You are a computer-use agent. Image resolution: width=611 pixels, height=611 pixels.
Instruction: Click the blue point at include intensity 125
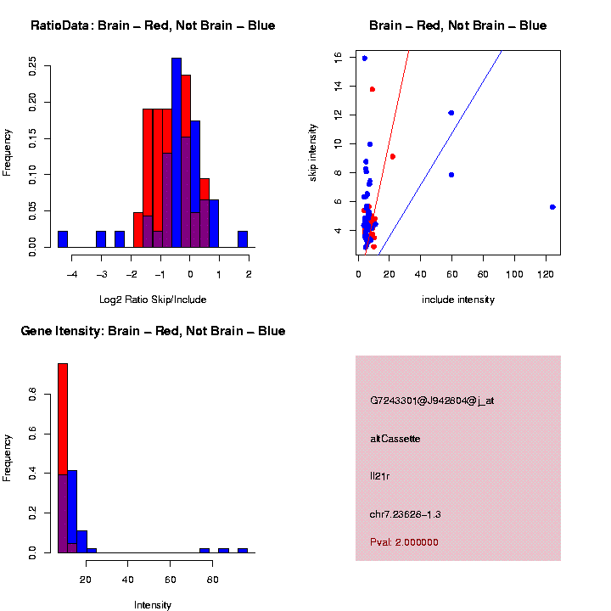552,207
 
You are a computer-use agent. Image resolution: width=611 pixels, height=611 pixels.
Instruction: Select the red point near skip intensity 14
372,89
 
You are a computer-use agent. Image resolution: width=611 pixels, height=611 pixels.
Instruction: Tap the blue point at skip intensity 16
364,59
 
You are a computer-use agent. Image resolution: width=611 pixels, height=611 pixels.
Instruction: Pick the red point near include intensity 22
392,156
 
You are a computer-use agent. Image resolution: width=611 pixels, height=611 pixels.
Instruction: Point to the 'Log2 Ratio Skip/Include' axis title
153,300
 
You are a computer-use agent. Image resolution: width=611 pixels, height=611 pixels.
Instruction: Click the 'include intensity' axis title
458,300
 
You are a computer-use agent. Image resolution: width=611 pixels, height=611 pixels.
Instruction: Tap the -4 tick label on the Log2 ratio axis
71,274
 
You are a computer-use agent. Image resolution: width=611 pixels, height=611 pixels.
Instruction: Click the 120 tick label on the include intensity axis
545,274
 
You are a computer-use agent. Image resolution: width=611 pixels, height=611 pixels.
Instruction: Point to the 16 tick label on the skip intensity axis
338,57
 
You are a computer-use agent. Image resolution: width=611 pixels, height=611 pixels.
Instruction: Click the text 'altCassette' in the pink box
395,439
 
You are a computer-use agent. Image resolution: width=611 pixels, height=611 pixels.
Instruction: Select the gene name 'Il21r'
379,476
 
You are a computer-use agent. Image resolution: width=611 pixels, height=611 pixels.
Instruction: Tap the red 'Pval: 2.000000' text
404,542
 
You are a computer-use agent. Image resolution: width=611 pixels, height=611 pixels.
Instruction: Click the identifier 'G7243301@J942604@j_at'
432,401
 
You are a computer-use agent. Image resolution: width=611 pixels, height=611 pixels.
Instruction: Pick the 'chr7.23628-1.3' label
406,514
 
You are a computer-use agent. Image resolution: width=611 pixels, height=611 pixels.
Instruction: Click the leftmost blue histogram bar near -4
63,238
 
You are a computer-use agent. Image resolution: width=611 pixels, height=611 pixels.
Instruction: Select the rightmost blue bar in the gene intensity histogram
242,550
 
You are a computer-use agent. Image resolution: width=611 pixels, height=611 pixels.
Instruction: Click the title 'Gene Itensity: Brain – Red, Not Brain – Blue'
153,331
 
